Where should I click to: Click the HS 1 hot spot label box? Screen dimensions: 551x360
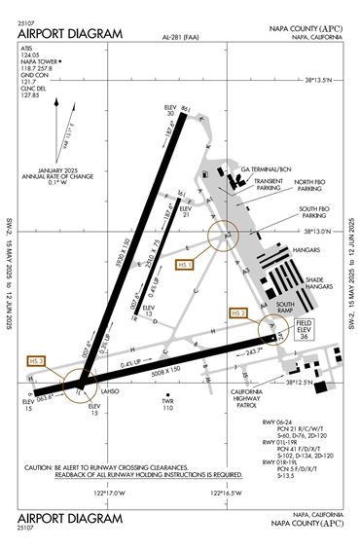pyautogui.click(x=184, y=264)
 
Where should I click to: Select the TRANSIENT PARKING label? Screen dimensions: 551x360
pyautogui.click(x=269, y=185)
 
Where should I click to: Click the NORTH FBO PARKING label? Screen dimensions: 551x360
pyautogui.click(x=314, y=186)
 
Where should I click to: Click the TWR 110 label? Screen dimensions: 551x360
pyautogui.click(x=167, y=403)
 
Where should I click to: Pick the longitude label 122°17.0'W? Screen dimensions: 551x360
pyautogui.click(x=108, y=493)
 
